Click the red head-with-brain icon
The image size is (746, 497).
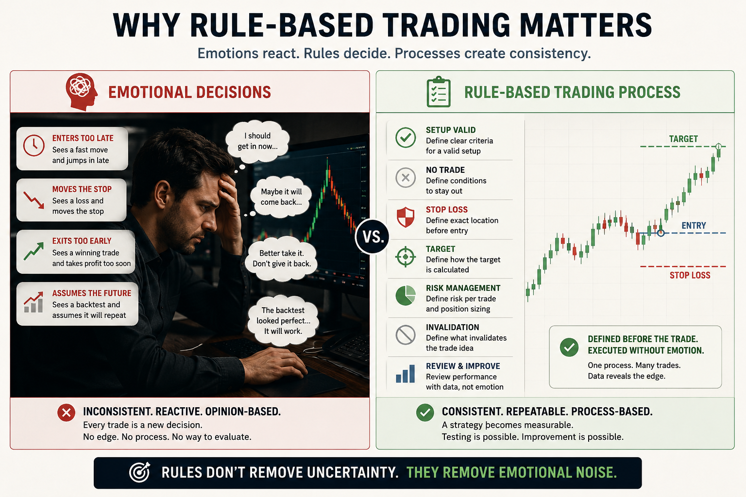pyautogui.click(x=82, y=92)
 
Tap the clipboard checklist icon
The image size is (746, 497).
pyautogui.click(x=439, y=92)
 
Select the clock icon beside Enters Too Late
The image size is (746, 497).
pyautogui.click(x=34, y=146)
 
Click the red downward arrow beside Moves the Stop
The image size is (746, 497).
pyautogui.click(x=34, y=200)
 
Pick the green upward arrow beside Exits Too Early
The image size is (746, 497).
pyautogui.click(x=34, y=251)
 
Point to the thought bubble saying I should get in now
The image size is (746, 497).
pyautogui.click(x=257, y=141)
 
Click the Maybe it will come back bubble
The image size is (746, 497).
pyautogui.click(x=281, y=197)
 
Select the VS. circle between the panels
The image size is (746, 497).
pyautogui.click(x=373, y=237)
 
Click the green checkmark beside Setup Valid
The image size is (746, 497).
pyautogui.click(x=406, y=137)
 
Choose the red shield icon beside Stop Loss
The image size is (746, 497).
pyautogui.click(x=406, y=217)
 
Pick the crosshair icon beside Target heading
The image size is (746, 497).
pyautogui.click(x=406, y=257)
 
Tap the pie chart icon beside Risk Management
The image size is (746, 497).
pyautogui.click(x=406, y=295)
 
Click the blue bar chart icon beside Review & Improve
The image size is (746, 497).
pyautogui.click(x=406, y=374)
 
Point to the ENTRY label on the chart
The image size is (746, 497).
pyautogui.click(x=694, y=225)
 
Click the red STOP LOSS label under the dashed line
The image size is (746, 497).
pyautogui.click(x=690, y=275)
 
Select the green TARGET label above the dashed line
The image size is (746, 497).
pyautogui.click(x=683, y=139)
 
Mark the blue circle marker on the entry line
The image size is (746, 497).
pyautogui.click(x=661, y=233)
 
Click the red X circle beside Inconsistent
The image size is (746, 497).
pyautogui.click(x=66, y=413)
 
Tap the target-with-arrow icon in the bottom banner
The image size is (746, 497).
pyautogui.click(x=140, y=472)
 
